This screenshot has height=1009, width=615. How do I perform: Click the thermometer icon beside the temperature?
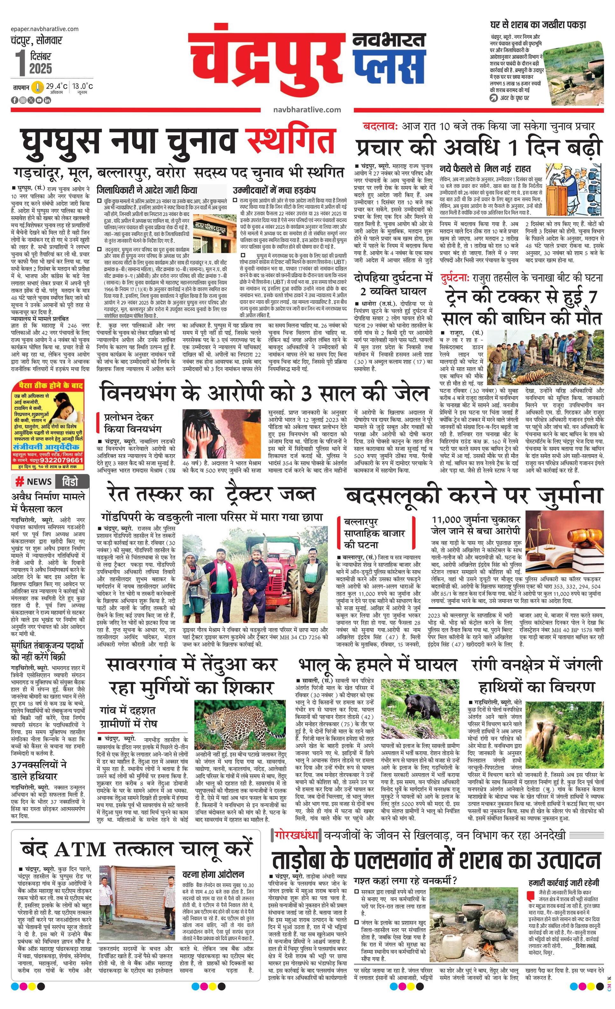(38, 87)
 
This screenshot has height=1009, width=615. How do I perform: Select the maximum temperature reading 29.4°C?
(57, 87)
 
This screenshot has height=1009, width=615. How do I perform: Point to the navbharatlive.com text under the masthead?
(307, 109)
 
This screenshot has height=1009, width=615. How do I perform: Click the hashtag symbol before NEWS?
(19, 482)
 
